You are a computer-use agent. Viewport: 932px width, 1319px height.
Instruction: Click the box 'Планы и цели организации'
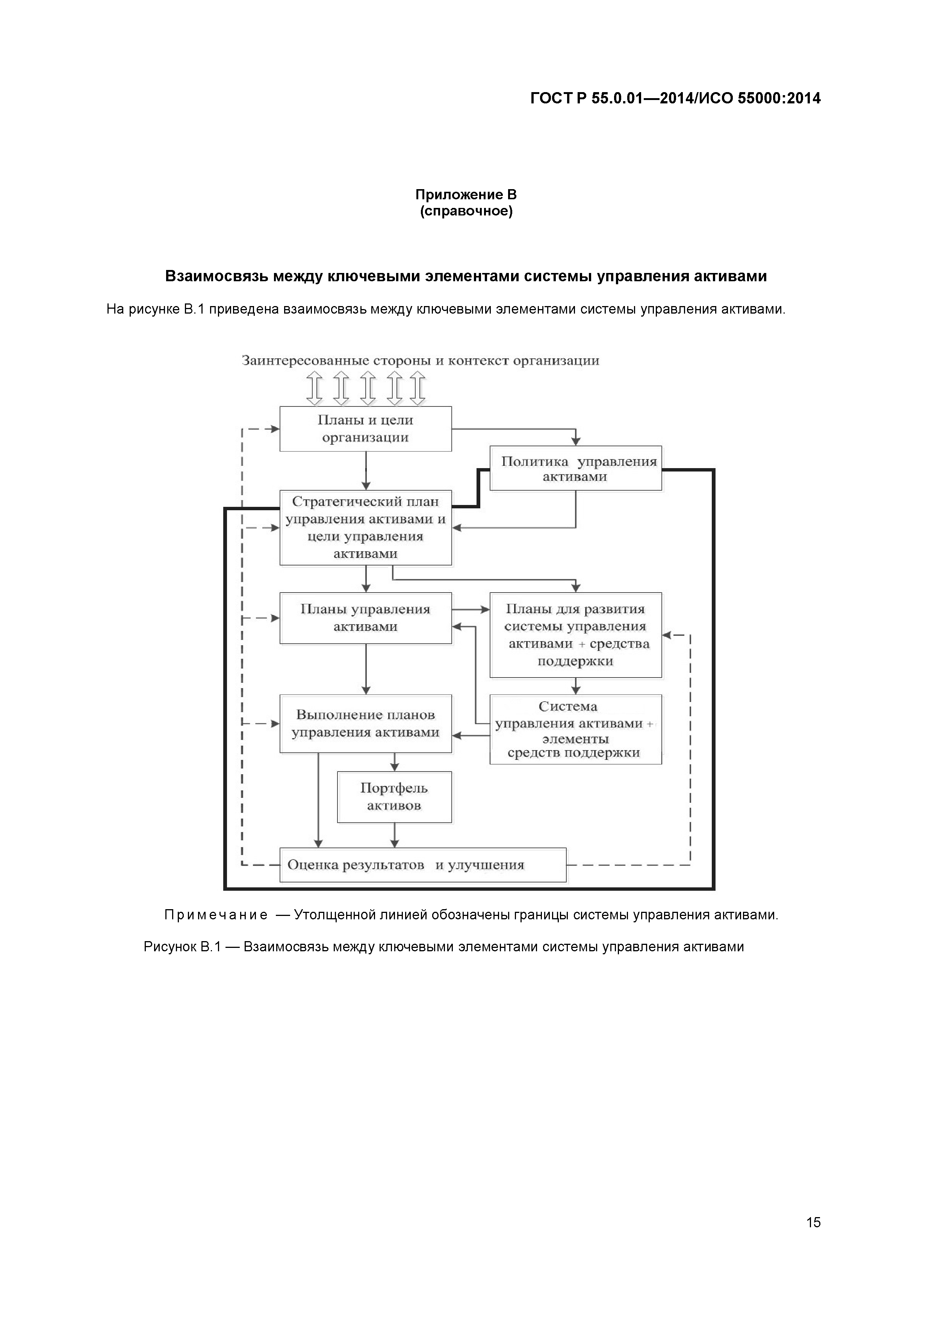365,429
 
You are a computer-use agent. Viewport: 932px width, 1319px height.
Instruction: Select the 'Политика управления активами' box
575,468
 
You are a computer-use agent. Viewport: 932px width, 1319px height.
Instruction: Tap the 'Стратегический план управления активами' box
365,528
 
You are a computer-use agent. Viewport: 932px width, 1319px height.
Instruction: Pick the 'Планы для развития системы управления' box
575,635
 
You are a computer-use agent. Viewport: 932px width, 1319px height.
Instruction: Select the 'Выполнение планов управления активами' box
365,723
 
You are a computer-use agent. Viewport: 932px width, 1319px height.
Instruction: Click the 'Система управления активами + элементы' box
575,729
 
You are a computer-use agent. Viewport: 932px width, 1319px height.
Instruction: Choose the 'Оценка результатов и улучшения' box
423,864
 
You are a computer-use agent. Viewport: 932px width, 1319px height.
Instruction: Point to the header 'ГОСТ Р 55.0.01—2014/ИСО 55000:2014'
675,98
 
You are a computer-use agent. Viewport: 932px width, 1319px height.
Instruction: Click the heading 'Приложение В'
466,195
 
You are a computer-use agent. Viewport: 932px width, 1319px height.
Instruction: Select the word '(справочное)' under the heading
466,211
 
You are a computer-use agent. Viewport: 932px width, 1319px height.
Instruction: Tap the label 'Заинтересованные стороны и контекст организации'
421,361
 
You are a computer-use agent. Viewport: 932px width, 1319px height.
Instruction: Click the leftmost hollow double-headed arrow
314,388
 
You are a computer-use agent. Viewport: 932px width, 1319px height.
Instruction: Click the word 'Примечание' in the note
216,914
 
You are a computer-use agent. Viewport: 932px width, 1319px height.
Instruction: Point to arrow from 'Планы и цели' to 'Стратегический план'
366,470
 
